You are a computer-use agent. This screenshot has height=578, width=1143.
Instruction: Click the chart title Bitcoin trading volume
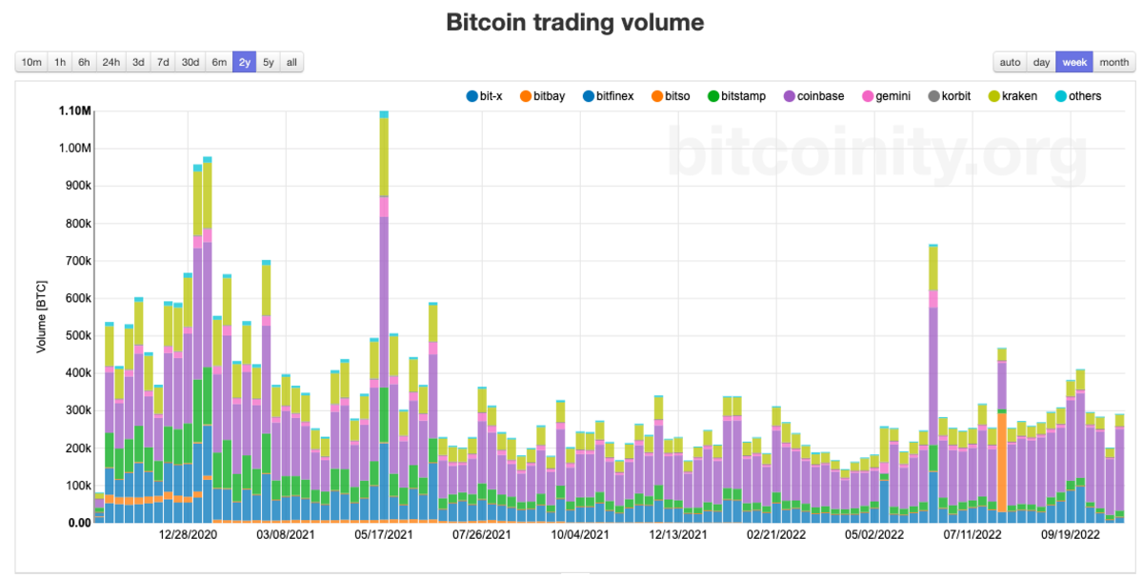coord(574,22)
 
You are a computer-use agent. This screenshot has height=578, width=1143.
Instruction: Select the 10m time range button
coord(31,63)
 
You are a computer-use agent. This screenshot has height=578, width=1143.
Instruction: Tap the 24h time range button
coord(110,63)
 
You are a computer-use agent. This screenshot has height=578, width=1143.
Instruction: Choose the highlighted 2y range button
coord(245,63)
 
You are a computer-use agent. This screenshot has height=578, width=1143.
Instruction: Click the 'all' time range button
coord(291,63)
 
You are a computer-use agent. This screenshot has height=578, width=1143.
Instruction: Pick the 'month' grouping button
coord(1113,63)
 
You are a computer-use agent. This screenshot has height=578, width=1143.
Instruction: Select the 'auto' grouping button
coord(1010,63)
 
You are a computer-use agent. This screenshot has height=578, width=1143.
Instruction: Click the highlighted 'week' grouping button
coord(1074,63)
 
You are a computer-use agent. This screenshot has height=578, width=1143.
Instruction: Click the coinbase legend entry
coord(813,96)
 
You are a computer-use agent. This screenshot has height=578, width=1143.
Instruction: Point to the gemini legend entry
coord(887,96)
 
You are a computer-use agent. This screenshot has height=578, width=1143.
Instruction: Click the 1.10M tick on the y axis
coord(73,111)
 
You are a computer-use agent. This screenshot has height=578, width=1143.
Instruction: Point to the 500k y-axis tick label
coord(76,335)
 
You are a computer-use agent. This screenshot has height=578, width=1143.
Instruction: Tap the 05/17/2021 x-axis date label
coord(386,535)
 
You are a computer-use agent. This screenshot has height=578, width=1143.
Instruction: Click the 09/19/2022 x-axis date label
coord(1070,535)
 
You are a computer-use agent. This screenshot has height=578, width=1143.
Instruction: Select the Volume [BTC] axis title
coord(42,316)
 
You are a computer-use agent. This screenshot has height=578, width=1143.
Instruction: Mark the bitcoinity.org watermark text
coord(875,152)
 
